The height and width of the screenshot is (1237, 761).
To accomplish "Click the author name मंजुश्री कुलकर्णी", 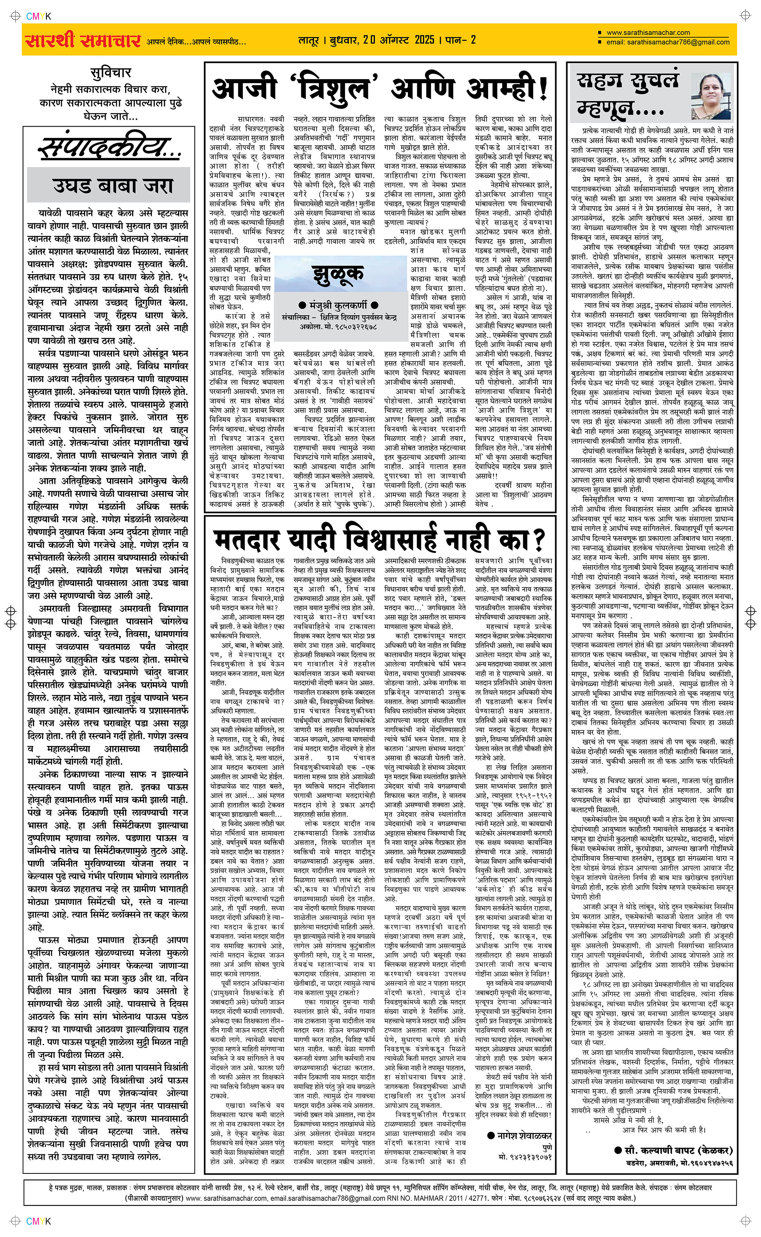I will pos(338,305).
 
